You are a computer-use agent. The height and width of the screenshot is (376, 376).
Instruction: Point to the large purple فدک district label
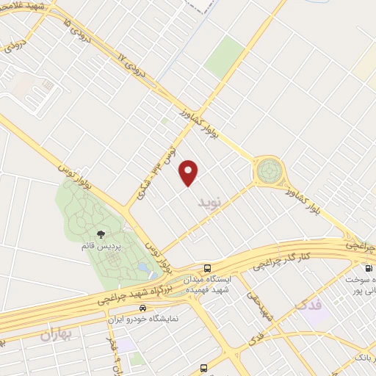point(309,303)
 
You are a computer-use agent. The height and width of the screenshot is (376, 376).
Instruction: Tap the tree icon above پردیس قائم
point(100,233)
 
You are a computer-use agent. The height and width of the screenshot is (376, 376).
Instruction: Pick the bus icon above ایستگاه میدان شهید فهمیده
point(209,267)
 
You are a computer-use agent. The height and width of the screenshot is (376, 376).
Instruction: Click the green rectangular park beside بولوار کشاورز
point(225,57)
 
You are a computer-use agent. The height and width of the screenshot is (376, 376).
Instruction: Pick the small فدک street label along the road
point(256,338)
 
